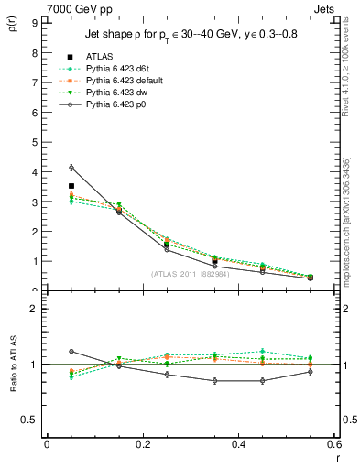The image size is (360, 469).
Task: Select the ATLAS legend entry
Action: click(98, 56)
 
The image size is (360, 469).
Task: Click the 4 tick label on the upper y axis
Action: click(35, 171)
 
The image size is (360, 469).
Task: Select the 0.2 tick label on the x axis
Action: click(142, 444)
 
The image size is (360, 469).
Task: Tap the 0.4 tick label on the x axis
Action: click(238, 444)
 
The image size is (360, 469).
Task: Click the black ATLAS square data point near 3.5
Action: click(71, 186)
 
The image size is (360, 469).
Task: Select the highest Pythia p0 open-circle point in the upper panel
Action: click(71, 168)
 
